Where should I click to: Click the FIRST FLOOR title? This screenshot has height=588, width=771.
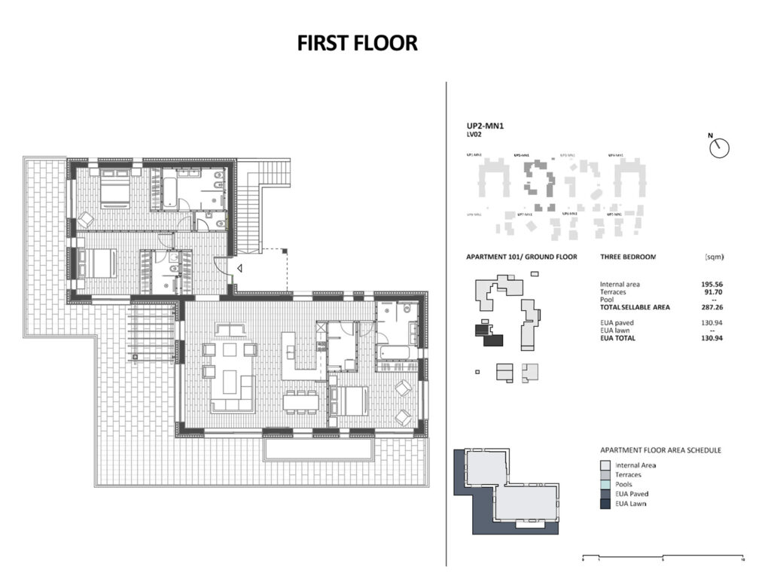(357, 43)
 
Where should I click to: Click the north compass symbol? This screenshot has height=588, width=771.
(720, 148)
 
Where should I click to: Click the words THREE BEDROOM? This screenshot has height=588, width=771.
(628, 257)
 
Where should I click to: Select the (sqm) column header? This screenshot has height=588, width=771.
(714, 257)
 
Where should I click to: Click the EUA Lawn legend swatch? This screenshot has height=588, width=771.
(605, 504)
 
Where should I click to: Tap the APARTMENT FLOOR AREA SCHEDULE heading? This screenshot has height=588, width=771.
(660, 450)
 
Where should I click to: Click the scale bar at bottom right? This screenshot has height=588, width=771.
(663, 558)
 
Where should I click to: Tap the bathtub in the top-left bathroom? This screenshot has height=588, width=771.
(169, 188)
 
